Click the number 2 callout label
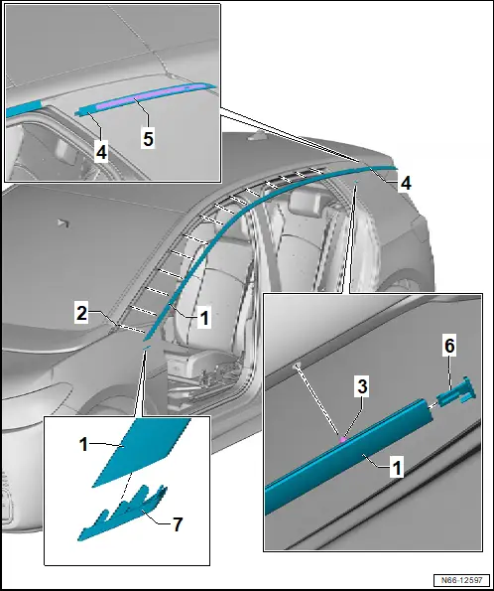point(81,313)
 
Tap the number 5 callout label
point(149,138)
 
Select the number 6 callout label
point(449,346)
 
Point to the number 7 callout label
point(177,523)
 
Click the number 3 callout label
point(362,386)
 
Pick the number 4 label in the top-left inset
point(101,152)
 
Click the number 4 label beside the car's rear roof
point(405,183)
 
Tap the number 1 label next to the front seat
point(204,318)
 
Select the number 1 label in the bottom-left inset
point(84,444)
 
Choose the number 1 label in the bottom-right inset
point(397,468)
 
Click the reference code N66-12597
point(461,580)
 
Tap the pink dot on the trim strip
point(343,439)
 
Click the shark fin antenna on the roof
point(258,136)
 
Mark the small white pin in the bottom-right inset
point(298,365)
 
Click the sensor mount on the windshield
point(64,223)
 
